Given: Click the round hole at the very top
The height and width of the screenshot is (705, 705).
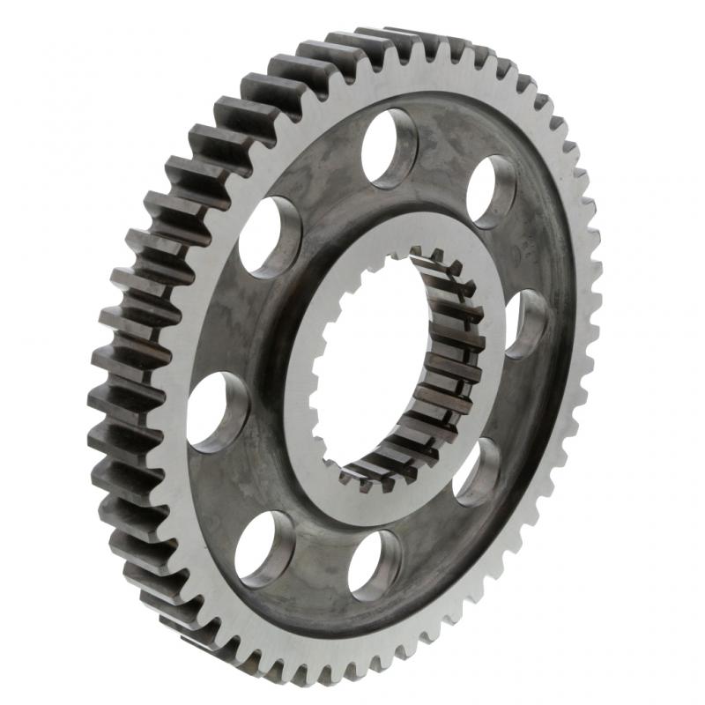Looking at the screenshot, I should [x=390, y=147].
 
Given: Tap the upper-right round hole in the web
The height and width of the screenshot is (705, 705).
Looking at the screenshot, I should [x=492, y=190].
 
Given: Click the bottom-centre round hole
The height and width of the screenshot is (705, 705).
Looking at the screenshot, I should [x=375, y=564].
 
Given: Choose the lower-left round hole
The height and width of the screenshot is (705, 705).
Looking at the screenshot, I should [x=264, y=548].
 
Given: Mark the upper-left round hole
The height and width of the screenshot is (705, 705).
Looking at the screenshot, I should [x=269, y=236].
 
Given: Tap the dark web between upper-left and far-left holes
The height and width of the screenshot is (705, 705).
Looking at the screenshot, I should [x=231, y=322].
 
